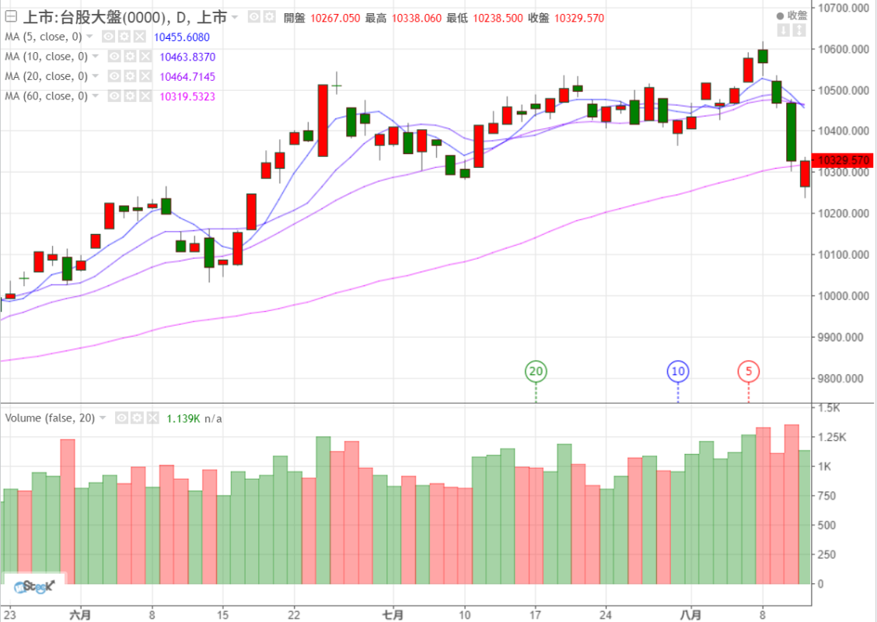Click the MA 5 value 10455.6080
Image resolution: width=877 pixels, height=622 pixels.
[182, 37]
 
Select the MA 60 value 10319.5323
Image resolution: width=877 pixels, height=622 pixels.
[187, 96]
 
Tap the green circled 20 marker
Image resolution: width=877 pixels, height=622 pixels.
[536, 372]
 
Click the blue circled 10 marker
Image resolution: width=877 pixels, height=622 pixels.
[678, 372]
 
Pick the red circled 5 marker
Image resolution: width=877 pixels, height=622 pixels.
[749, 372]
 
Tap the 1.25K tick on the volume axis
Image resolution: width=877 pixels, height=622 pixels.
[833, 438]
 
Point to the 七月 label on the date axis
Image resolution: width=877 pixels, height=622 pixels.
[393, 614]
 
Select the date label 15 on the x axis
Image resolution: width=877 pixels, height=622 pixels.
[222, 614]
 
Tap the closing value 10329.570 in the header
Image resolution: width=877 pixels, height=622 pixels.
[577, 18]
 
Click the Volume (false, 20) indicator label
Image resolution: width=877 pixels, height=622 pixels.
[50, 418]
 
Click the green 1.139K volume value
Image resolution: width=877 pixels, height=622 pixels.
[183, 418]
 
